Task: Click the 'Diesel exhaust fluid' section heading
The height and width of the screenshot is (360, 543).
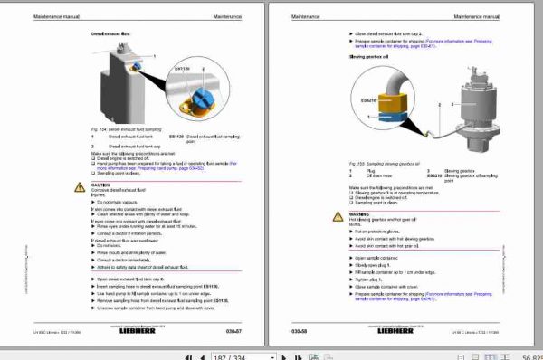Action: (x=111, y=34)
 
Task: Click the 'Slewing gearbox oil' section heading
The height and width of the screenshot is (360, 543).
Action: (x=369, y=56)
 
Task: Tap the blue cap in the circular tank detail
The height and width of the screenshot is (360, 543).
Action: (x=186, y=90)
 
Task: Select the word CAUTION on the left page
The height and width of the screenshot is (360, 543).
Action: (x=100, y=184)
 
